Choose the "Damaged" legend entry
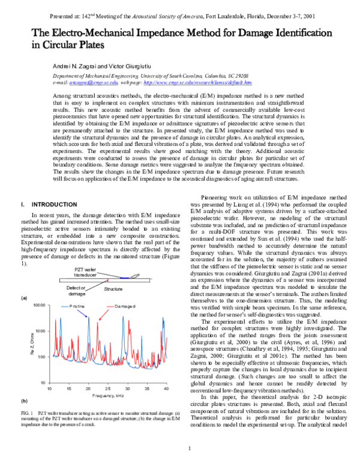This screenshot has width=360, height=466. click(x=124, y=306)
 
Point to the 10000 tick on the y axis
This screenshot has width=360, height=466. click(x=39, y=306)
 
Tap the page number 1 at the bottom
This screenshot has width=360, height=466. click(x=189, y=449)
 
